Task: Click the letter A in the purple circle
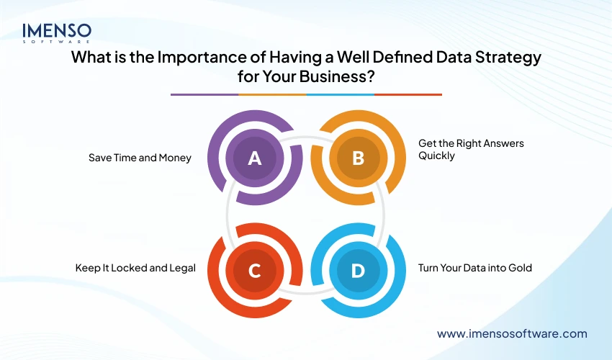[x=254, y=158]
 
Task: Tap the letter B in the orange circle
[x=358, y=158]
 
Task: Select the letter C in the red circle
[x=254, y=271]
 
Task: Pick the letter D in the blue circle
[x=358, y=271]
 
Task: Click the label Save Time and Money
[x=140, y=158]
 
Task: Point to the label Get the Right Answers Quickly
[x=471, y=149]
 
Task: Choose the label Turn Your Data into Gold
[x=474, y=268]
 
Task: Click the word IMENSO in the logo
[x=57, y=31]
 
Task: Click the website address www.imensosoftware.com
[x=512, y=334]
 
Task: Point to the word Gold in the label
[x=519, y=268]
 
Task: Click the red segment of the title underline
[x=408, y=94]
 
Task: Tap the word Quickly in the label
[x=436, y=156]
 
